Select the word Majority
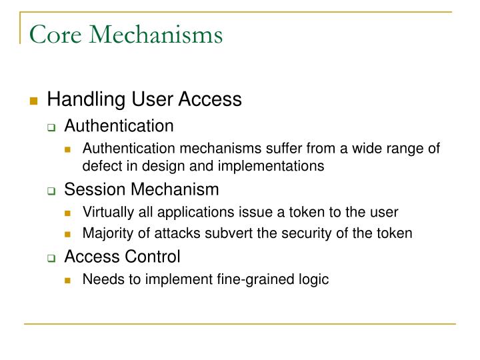[105, 233]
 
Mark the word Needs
[99, 279]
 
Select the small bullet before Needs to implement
[69, 280]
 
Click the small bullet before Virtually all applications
[69, 213]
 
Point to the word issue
[257, 212]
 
